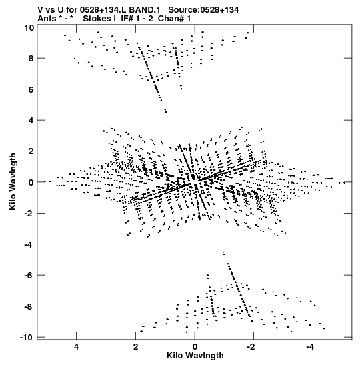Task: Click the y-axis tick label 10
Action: pyautogui.click(x=29, y=28)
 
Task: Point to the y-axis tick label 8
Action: pyautogui.click(x=31, y=59)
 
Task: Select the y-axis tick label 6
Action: pyautogui.click(x=31, y=89)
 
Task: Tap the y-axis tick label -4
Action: pyautogui.click(x=29, y=244)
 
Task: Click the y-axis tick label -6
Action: pyautogui.click(x=29, y=275)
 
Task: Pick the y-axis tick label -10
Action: pyautogui.click(x=27, y=337)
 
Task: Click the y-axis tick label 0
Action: pyautogui.click(x=31, y=182)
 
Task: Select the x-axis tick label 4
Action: pyautogui.click(x=76, y=347)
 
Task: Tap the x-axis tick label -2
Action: pyautogui.click(x=251, y=347)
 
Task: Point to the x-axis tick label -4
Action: pyautogui.click(x=310, y=347)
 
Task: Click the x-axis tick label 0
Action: pyautogui.click(x=195, y=347)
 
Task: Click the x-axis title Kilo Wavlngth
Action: pyautogui.click(x=195, y=356)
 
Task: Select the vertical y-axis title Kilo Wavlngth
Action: pyautogui.click(x=13, y=181)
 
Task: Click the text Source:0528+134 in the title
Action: pyautogui.click(x=203, y=10)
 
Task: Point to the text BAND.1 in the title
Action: pyautogui.click(x=145, y=10)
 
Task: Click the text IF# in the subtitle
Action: pyautogui.click(x=127, y=19)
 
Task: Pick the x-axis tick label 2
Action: pyautogui.click(x=135, y=347)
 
